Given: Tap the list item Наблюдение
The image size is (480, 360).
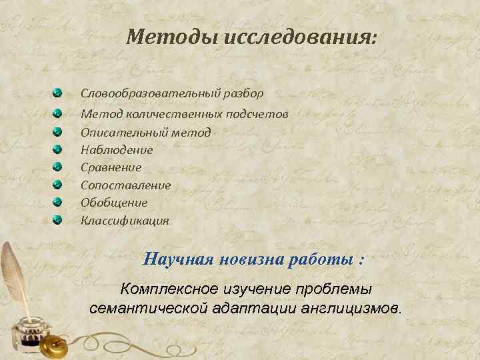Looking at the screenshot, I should pyautogui.click(x=117, y=150).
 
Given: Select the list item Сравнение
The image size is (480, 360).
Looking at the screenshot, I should pyautogui.click(x=111, y=167).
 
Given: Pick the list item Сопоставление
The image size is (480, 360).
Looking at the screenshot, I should pyautogui.click(x=126, y=185).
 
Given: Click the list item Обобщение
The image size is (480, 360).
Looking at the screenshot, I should pyautogui.click(x=114, y=202).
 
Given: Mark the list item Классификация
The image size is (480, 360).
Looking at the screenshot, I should pyautogui.click(x=125, y=220).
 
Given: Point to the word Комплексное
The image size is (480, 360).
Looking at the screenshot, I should pyautogui.click(x=168, y=290).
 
